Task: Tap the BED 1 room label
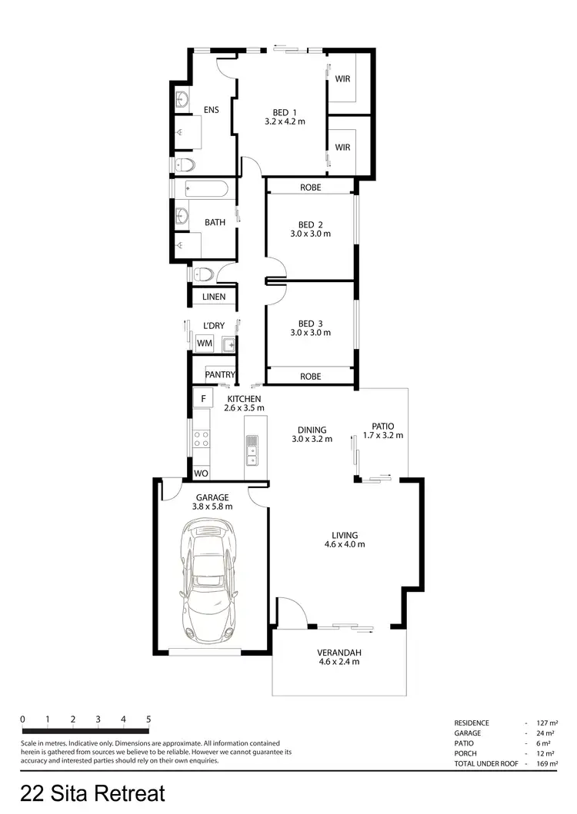285,113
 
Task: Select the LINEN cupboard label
214,297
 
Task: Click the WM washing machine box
204,343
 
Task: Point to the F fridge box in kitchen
203,399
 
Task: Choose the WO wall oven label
200,473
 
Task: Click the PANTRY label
219,375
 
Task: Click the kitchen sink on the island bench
252,450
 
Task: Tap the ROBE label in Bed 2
310,187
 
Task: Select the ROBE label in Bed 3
310,377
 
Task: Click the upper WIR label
343,78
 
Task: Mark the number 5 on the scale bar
148,719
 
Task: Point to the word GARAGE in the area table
469,734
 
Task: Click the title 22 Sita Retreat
92,792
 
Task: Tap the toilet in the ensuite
186,163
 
